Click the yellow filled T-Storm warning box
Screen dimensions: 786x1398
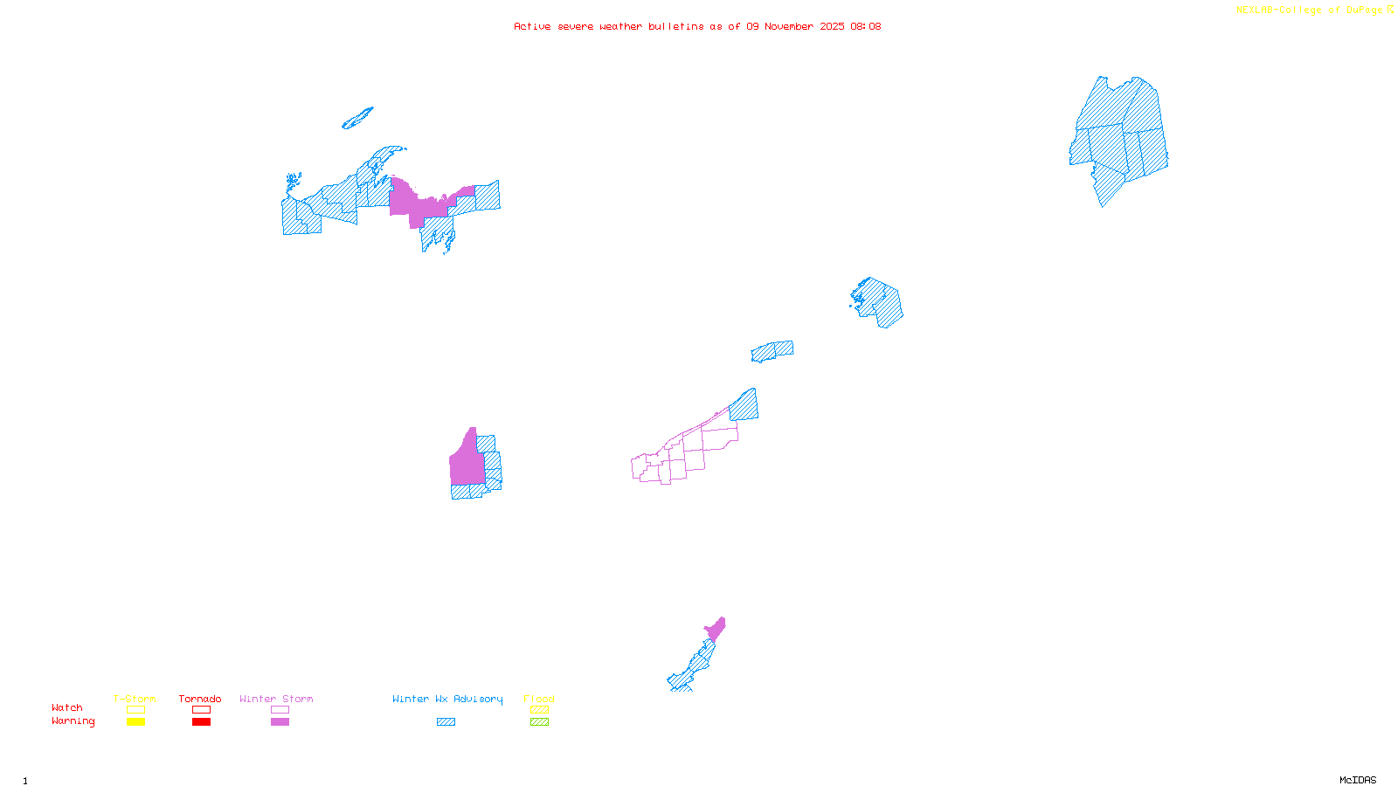135,722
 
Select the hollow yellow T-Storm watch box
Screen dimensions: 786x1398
135,710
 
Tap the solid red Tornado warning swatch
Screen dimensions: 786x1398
201,722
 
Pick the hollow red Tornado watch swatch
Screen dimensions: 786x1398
201,710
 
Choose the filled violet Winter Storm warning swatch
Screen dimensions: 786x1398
280,722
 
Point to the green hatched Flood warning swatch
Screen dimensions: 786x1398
539,722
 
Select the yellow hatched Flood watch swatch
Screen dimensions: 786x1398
539,710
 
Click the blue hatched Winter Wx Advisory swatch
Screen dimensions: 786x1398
446,722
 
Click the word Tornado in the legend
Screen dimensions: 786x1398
200,699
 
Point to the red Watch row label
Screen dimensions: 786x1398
67,707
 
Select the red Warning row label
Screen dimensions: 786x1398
73,721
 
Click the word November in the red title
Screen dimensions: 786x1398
789,26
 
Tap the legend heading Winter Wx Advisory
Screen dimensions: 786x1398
447,699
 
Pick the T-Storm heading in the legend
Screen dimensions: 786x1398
135,699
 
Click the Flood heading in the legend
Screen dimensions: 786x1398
539,699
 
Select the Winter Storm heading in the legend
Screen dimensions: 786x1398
276,699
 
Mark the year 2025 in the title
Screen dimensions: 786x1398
832,26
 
